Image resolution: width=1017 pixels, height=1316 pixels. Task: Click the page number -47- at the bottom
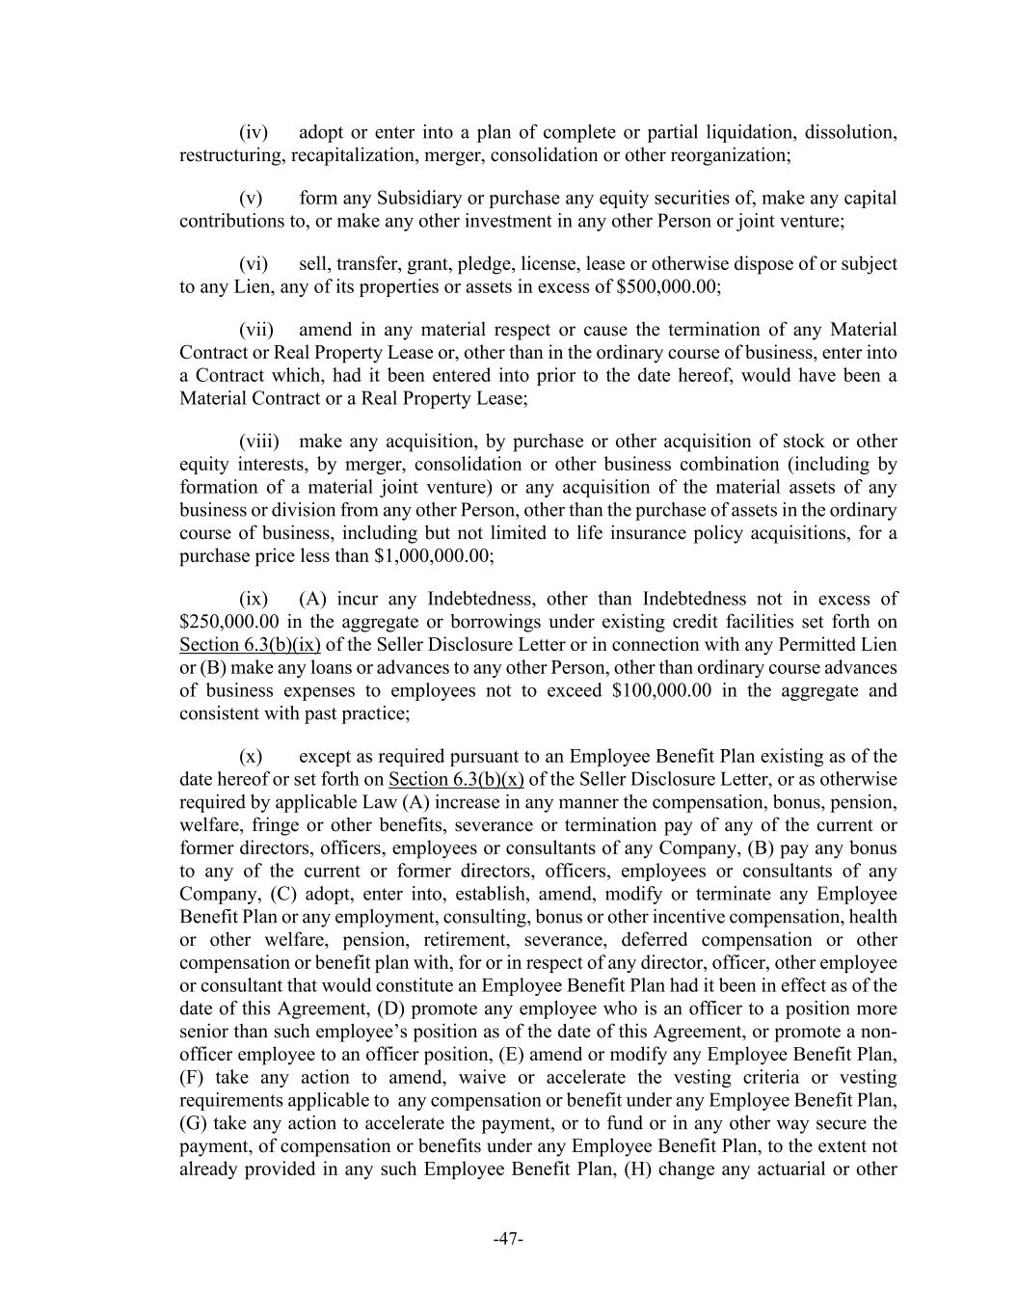point(508,1240)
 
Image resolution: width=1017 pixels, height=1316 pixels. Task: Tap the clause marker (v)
point(252,199)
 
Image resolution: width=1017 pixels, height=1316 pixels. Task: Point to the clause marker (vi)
point(254,264)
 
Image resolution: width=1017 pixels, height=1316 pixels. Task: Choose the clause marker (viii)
point(259,442)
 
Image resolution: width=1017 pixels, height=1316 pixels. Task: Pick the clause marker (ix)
point(254,599)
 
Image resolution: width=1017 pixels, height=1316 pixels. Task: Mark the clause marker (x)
point(252,756)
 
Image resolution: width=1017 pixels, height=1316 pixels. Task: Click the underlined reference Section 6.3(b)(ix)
point(250,645)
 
